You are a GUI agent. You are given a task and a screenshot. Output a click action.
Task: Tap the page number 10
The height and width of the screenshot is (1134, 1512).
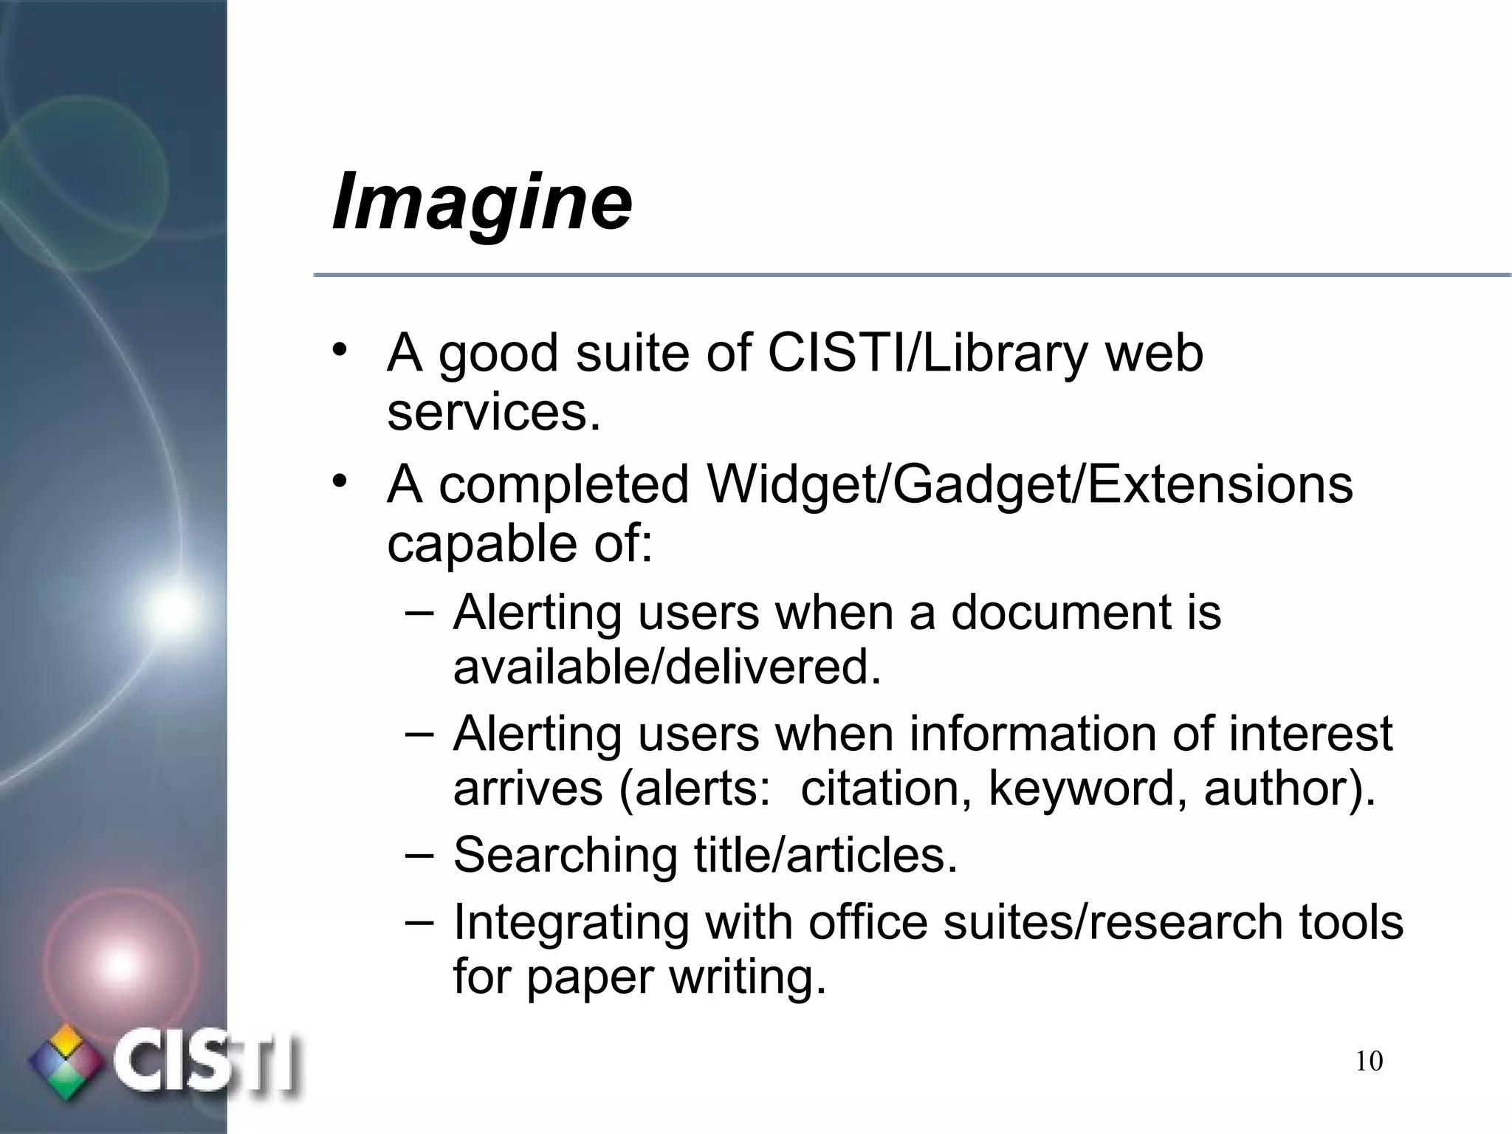[1369, 1062]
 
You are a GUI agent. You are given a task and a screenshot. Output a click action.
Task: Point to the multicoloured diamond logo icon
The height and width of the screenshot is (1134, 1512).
[65, 1062]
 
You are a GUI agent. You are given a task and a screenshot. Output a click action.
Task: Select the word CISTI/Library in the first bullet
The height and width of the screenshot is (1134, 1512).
[927, 353]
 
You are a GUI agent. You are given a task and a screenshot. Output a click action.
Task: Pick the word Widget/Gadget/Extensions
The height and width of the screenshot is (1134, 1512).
[1029, 485]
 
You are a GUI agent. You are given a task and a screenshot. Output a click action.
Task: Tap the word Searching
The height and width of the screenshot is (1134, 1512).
[565, 856]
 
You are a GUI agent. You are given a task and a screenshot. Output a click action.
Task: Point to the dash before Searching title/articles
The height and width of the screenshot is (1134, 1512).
[419, 853]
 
